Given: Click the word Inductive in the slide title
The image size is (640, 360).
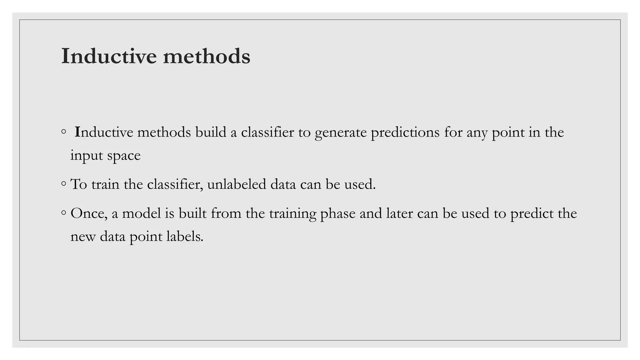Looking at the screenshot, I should pos(108,56).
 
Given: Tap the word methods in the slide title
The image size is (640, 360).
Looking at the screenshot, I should pos(207,56).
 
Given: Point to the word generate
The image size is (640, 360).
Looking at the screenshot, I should pos(341,133).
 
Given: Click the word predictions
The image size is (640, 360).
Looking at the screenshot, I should pos(405,133).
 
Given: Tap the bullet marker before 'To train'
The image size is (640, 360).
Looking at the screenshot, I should pos(64,184).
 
